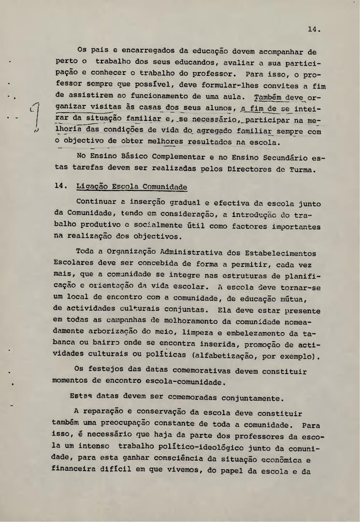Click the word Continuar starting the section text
coord(97,204)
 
